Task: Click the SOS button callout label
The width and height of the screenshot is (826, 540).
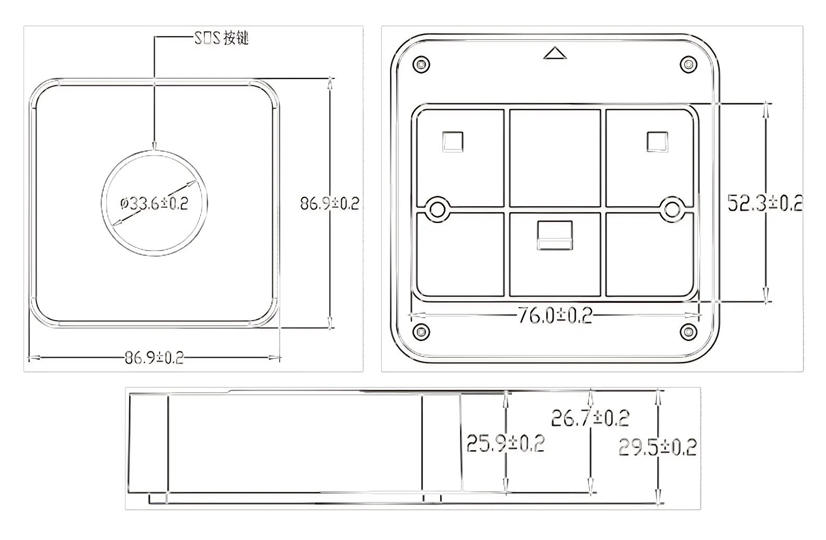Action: pyautogui.click(x=222, y=39)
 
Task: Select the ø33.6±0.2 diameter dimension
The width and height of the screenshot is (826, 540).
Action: pyautogui.click(x=154, y=203)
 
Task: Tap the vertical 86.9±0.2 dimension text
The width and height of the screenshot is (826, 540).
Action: pyautogui.click(x=329, y=203)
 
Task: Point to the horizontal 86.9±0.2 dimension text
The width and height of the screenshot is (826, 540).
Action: pyautogui.click(x=154, y=358)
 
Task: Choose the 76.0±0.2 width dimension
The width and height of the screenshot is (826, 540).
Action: pyautogui.click(x=555, y=315)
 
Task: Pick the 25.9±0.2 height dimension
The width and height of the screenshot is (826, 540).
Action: pyautogui.click(x=506, y=443)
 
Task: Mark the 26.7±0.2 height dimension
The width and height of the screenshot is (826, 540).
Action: pyautogui.click(x=590, y=418)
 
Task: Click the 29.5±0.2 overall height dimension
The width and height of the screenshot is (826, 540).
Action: pyautogui.click(x=658, y=448)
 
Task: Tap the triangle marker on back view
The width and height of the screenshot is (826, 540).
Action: pyautogui.click(x=555, y=53)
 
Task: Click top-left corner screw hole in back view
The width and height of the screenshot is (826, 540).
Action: pyautogui.click(x=421, y=65)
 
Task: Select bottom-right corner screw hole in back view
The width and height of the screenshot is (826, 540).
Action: pyautogui.click(x=689, y=331)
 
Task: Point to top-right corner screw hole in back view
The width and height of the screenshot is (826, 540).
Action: pyautogui.click(x=689, y=65)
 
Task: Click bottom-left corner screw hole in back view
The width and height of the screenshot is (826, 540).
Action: pyautogui.click(x=421, y=331)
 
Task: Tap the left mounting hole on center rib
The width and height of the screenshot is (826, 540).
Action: pyautogui.click(x=437, y=209)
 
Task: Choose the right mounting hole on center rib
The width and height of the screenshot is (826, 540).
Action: pyautogui.click(x=672, y=209)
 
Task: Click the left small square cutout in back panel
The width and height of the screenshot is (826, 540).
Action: pyautogui.click(x=452, y=142)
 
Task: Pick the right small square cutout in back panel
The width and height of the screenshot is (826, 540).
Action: pyautogui.click(x=657, y=142)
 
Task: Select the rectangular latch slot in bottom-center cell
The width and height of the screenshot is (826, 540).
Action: pyautogui.click(x=555, y=235)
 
